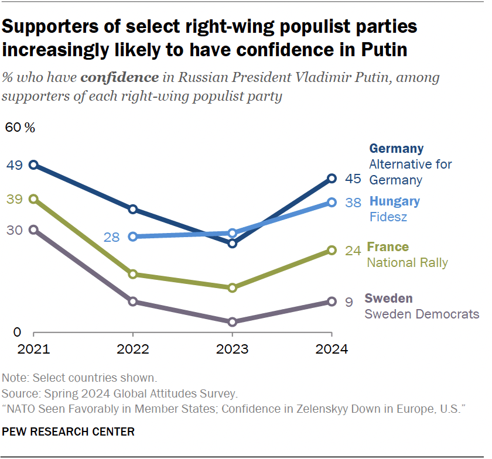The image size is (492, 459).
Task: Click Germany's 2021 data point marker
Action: coord(33,165)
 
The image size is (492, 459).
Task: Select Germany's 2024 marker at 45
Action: coord(332,179)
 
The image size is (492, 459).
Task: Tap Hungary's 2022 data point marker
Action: coord(133,237)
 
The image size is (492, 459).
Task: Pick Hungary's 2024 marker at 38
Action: coord(332,202)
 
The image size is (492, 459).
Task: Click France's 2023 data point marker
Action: coord(232,287)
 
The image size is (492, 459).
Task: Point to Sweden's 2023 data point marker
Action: coord(232,322)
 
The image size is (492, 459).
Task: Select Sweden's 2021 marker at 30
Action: coord(33,230)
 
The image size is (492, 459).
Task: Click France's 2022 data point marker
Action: coord(133,274)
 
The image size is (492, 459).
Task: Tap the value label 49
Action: coord(15,165)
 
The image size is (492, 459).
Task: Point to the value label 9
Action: coord(348,302)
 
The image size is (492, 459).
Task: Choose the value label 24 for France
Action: coord(353,251)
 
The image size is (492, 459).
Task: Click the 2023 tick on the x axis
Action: coord(232,350)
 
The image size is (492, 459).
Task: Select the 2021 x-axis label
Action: coord(33,350)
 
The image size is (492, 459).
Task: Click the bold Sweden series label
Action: coord(388,298)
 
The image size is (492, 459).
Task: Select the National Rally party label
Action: coord(407,262)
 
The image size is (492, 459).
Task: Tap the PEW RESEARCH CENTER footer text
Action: coord(69,432)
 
